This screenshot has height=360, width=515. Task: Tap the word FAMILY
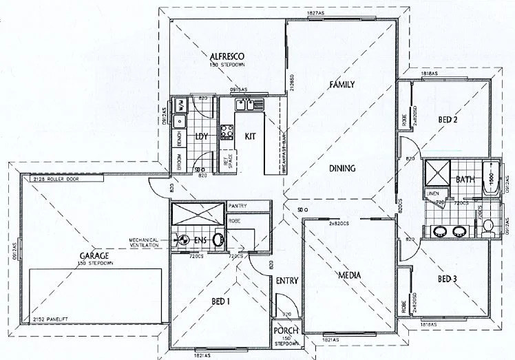coord(341,85)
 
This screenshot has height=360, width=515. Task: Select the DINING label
coord(341,168)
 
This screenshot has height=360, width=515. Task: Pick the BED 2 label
coord(448,120)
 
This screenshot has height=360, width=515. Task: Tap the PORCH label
coord(286,330)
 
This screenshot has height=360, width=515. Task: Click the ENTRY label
coord(286,281)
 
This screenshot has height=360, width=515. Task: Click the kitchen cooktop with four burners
coord(226,132)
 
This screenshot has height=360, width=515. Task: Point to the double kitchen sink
coord(249,105)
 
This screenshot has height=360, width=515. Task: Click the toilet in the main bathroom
coord(488,226)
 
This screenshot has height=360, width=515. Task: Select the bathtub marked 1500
coord(490,178)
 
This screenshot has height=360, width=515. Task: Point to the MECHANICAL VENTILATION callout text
coord(144,242)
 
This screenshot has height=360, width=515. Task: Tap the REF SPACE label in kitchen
coord(225,162)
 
